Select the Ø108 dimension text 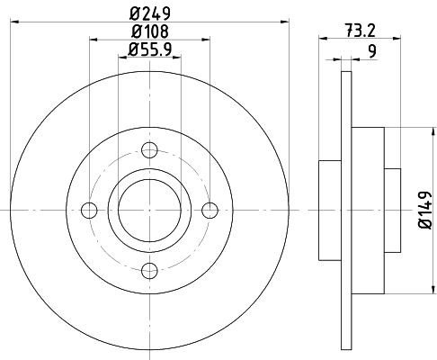149,32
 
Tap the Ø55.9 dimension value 149,51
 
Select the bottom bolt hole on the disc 149,267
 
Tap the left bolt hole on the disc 89,210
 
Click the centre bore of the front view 149,210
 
